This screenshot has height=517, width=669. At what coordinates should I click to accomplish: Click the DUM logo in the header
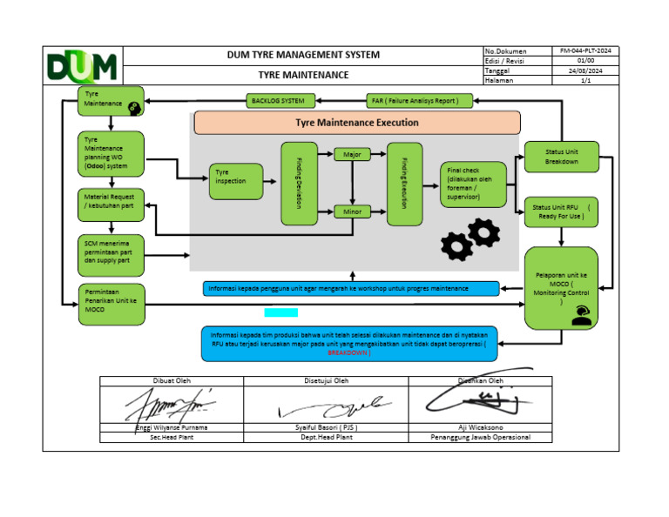pyautogui.click(x=83, y=66)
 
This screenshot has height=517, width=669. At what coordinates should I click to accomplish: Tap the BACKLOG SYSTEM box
pyautogui.click(x=278, y=100)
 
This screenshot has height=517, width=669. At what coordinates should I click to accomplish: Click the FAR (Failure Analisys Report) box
pyautogui.click(x=421, y=100)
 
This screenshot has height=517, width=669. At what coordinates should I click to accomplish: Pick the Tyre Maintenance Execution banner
pyautogui.click(x=356, y=123)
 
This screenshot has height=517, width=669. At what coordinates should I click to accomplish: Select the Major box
pyautogui.click(x=352, y=154)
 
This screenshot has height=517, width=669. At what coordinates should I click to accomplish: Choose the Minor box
pyautogui.click(x=352, y=210)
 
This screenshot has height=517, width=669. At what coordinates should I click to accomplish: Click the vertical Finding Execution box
pyautogui.click(x=404, y=184)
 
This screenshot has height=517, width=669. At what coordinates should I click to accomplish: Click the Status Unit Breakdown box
pyautogui.click(x=561, y=157)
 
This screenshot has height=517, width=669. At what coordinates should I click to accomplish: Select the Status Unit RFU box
pyautogui.click(x=561, y=211)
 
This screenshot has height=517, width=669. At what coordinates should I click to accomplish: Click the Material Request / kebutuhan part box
pyautogui.click(x=111, y=205)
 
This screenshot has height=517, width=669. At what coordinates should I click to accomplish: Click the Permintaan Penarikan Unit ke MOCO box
pyautogui.click(x=111, y=303)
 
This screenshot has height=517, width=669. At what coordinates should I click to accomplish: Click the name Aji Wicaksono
pyautogui.click(x=482, y=427)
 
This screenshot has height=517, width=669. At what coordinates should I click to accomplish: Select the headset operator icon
pyautogui.click(x=581, y=317)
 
